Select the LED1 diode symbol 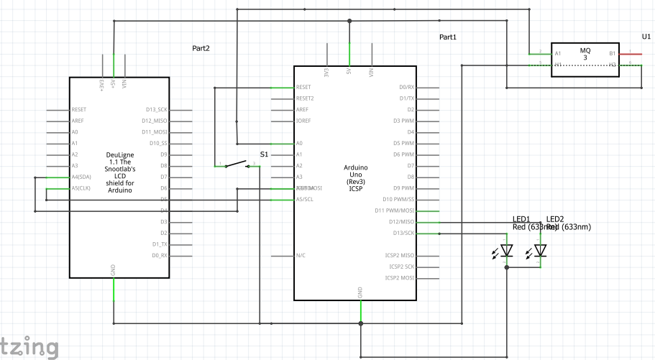[507, 251]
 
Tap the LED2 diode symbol [541, 250]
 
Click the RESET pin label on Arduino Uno [304, 87]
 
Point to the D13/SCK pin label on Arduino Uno [403, 233]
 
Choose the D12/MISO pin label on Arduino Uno [402, 222]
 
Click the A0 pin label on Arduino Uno [300, 143]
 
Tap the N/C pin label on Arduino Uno [301, 255]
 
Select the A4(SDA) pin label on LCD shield [81, 177]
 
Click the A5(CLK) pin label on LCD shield [81, 188]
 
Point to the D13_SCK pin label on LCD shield [156, 110]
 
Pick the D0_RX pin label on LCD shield [159, 256]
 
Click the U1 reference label [646, 35]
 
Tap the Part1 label [448, 37]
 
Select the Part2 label [201, 49]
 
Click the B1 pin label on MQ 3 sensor [613, 54]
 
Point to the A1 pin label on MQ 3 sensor [557, 54]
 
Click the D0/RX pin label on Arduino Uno [406, 87]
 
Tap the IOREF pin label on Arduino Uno [303, 121]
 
